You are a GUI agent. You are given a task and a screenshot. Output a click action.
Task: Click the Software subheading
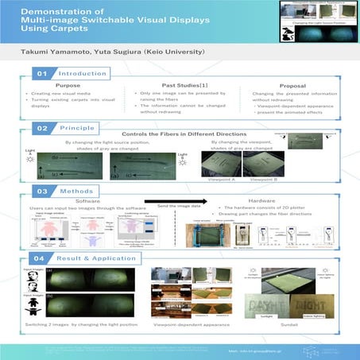point(87,203)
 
